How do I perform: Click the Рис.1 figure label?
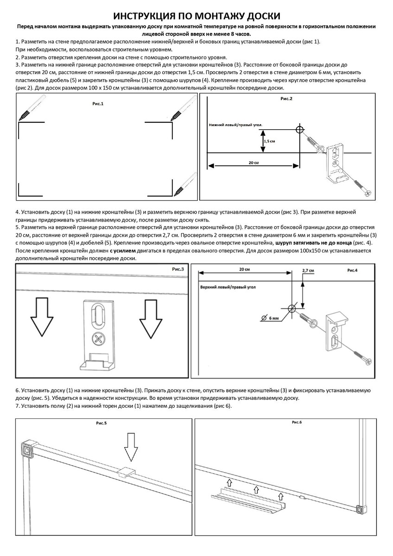pos(98,104)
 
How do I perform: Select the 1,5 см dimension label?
pos(269,141)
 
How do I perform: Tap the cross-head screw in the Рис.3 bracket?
pos(98,340)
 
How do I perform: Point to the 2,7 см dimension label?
pos(308,271)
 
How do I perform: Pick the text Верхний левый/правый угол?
pos(228,287)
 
